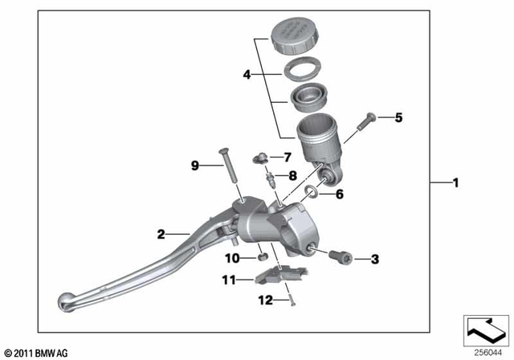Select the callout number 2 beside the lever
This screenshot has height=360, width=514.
161,234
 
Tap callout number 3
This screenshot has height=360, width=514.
374,259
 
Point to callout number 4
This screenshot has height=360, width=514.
247,76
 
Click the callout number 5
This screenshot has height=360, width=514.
398,117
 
